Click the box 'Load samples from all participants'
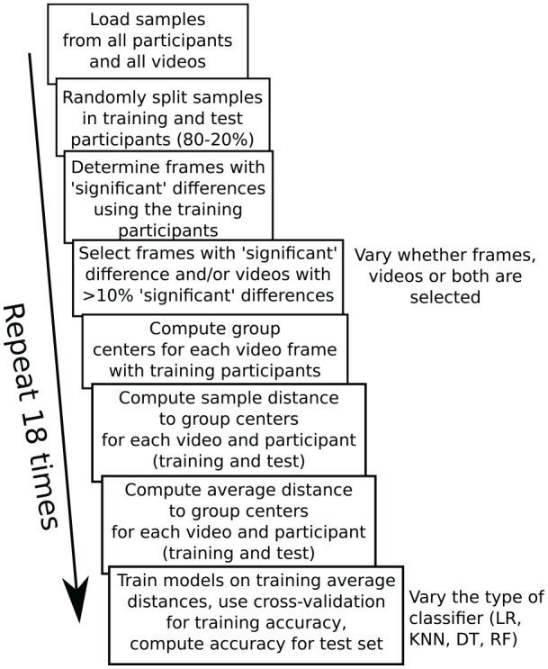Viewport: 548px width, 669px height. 147,41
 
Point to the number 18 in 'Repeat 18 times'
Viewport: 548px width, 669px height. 36,415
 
